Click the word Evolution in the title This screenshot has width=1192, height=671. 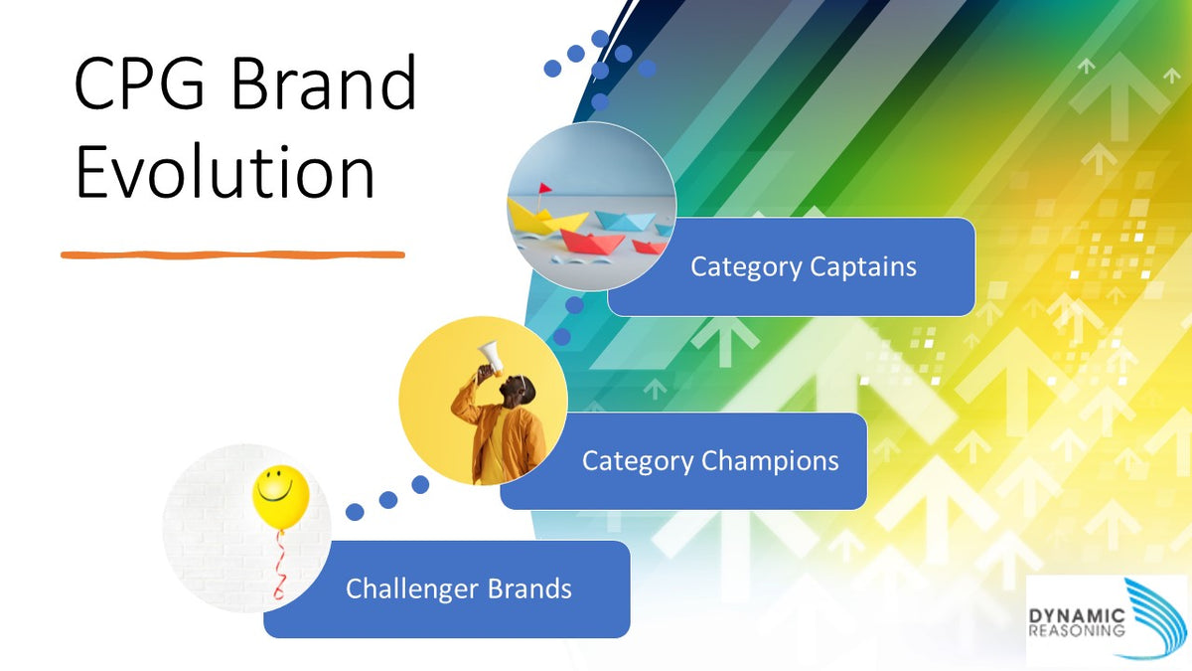tap(224, 171)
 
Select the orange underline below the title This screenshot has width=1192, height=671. tap(232, 254)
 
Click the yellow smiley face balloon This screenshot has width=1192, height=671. tap(280, 494)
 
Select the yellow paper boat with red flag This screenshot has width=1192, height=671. tap(537, 214)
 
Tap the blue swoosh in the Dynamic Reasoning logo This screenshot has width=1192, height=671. tap(1152, 616)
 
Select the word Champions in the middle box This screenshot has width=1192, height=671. tap(770, 461)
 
